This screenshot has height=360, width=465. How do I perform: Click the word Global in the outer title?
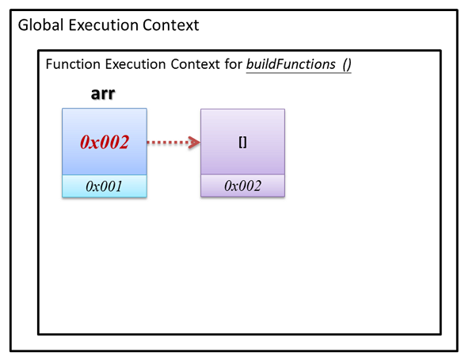(40, 25)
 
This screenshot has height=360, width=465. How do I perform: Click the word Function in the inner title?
(73, 64)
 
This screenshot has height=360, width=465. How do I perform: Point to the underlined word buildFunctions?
(291, 64)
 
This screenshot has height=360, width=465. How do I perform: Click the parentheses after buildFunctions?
(347, 64)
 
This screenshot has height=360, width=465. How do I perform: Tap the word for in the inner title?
(233, 64)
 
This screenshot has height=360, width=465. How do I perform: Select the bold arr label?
(103, 94)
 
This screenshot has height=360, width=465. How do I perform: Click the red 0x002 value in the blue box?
(105, 142)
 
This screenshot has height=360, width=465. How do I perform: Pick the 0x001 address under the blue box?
(104, 186)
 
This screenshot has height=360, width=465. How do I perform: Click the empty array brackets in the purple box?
(242, 143)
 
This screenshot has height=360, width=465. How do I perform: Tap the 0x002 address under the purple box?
(242, 186)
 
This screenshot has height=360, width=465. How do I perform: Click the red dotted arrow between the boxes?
(173, 143)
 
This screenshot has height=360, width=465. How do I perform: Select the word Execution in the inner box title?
(135, 64)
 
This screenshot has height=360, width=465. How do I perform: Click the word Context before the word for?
(195, 64)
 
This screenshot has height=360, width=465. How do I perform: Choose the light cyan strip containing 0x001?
(105, 186)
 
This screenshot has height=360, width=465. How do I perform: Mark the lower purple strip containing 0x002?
(242, 186)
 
